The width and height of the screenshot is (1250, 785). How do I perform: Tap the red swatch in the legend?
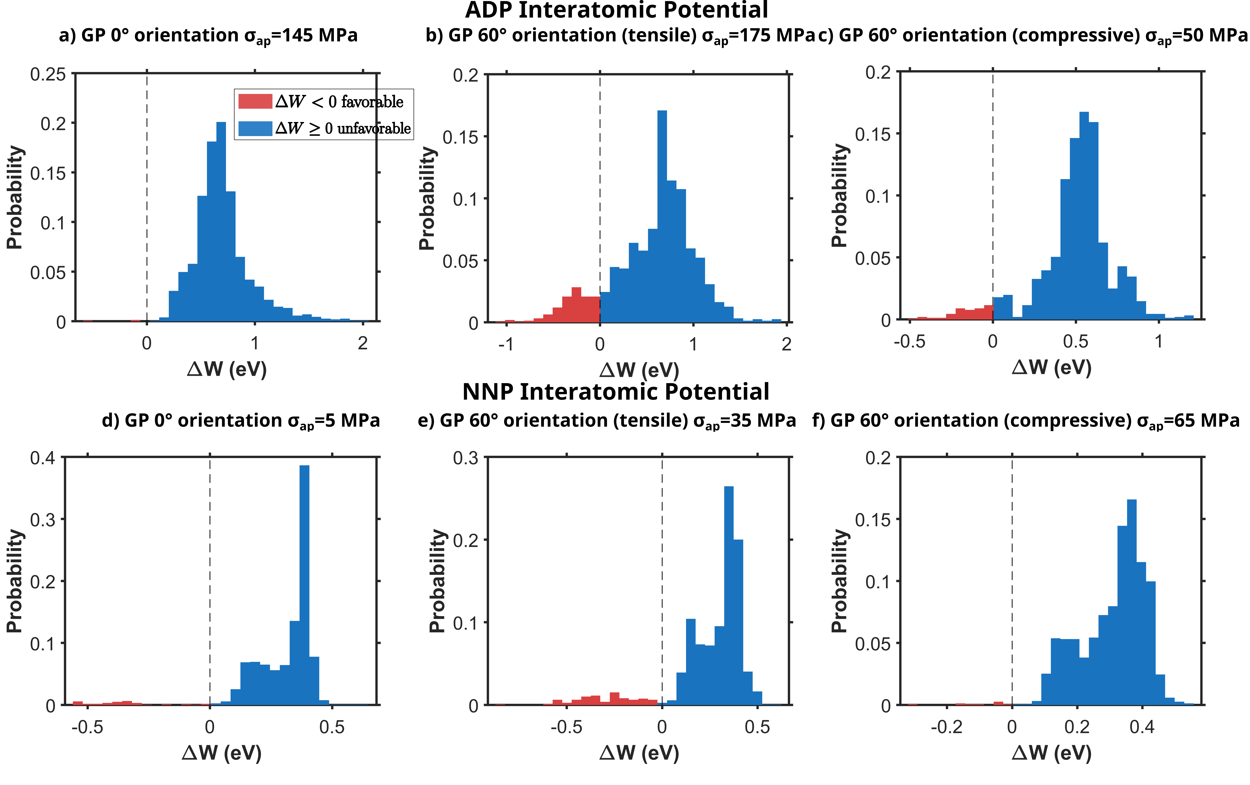click(x=255, y=101)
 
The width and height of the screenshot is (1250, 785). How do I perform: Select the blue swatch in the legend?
click(x=255, y=128)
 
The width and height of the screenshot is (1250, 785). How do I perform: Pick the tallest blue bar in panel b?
click(x=662, y=218)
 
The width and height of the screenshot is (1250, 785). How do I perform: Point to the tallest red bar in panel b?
click(x=576, y=305)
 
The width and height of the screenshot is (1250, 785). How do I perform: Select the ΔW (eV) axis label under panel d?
click(x=222, y=753)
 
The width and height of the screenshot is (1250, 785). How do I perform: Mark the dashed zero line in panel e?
click(x=662, y=571)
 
